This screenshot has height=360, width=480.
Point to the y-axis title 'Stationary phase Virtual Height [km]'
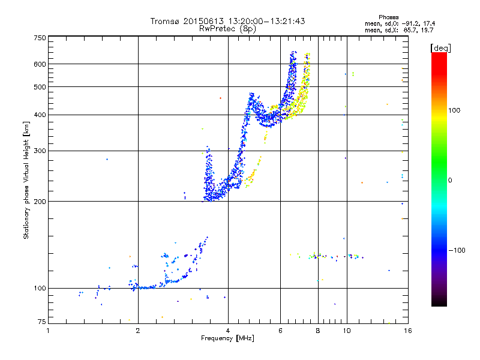(x=26, y=181)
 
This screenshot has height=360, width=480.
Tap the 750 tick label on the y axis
(x=40, y=38)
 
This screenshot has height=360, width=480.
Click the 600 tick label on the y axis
(x=40, y=64)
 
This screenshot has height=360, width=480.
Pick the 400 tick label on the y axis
(x=40, y=115)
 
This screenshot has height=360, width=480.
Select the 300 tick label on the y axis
(x=40, y=151)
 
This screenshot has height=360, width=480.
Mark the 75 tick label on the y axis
(x=41, y=322)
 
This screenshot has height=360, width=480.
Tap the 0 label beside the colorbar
(x=451, y=180)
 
